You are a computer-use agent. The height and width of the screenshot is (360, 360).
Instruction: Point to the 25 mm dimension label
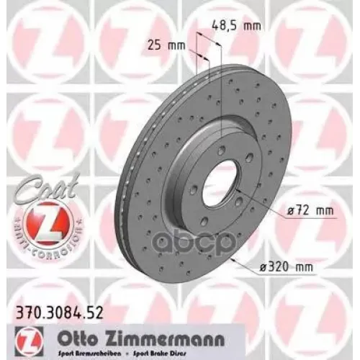[x=163, y=45]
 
